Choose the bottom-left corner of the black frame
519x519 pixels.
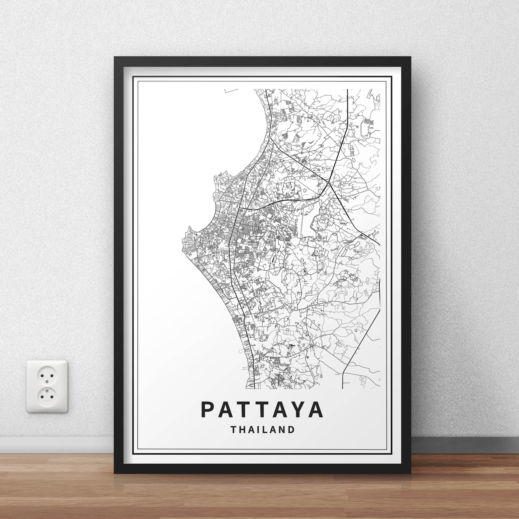[114, 473]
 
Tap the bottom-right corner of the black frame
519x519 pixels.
[411, 473]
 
